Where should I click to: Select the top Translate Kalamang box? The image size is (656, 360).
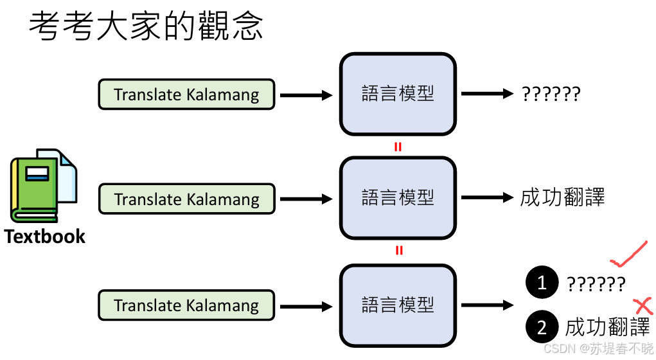pos(186,95)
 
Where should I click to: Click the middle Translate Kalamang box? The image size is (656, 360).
pos(186,199)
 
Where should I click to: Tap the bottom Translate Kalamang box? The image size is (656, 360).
pos(186,305)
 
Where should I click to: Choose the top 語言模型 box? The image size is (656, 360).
pos(398,94)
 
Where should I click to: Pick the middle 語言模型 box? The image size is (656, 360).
pos(398,198)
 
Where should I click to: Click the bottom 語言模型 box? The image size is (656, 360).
pos(398,305)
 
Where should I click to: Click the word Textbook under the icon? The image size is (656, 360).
pos(44,237)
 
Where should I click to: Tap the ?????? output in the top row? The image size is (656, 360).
pos(551,95)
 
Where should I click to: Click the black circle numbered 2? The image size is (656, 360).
pos(541,327)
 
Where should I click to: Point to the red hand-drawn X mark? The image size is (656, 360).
pos(643,305)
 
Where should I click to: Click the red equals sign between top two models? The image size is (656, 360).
pos(398,147)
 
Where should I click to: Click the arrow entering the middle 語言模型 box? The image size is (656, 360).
pos(306,199)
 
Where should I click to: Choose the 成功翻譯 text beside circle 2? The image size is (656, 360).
pos(607,327)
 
